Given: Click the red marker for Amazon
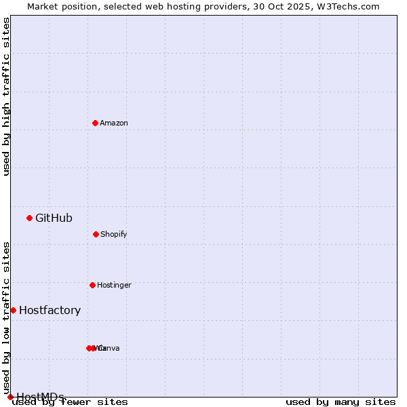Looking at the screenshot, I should (x=96, y=123).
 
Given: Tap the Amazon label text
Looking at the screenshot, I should (x=114, y=123).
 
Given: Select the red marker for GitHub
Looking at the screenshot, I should (x=30, y=218).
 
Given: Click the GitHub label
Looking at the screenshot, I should (x=54, y=218).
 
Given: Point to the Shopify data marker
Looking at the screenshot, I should (x=96, y=234).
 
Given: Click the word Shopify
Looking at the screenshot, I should (x=114, y=234).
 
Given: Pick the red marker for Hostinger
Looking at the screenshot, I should (x=92, y=285).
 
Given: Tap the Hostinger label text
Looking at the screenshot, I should (x=114, y=285).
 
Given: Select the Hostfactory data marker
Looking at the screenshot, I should (x=13, y=310).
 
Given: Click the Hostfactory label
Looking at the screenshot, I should (x=50, y=310).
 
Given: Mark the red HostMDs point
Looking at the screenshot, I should (x=10, y=397).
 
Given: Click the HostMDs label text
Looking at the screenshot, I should (x=40, y=397).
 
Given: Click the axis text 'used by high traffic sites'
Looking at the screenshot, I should (x=7, y=96).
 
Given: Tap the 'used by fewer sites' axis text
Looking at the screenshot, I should (x=70, y=402).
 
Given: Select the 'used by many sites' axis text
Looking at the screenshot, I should (x=341, y=402).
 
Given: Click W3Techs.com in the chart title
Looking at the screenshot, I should (x=350, y=6).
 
